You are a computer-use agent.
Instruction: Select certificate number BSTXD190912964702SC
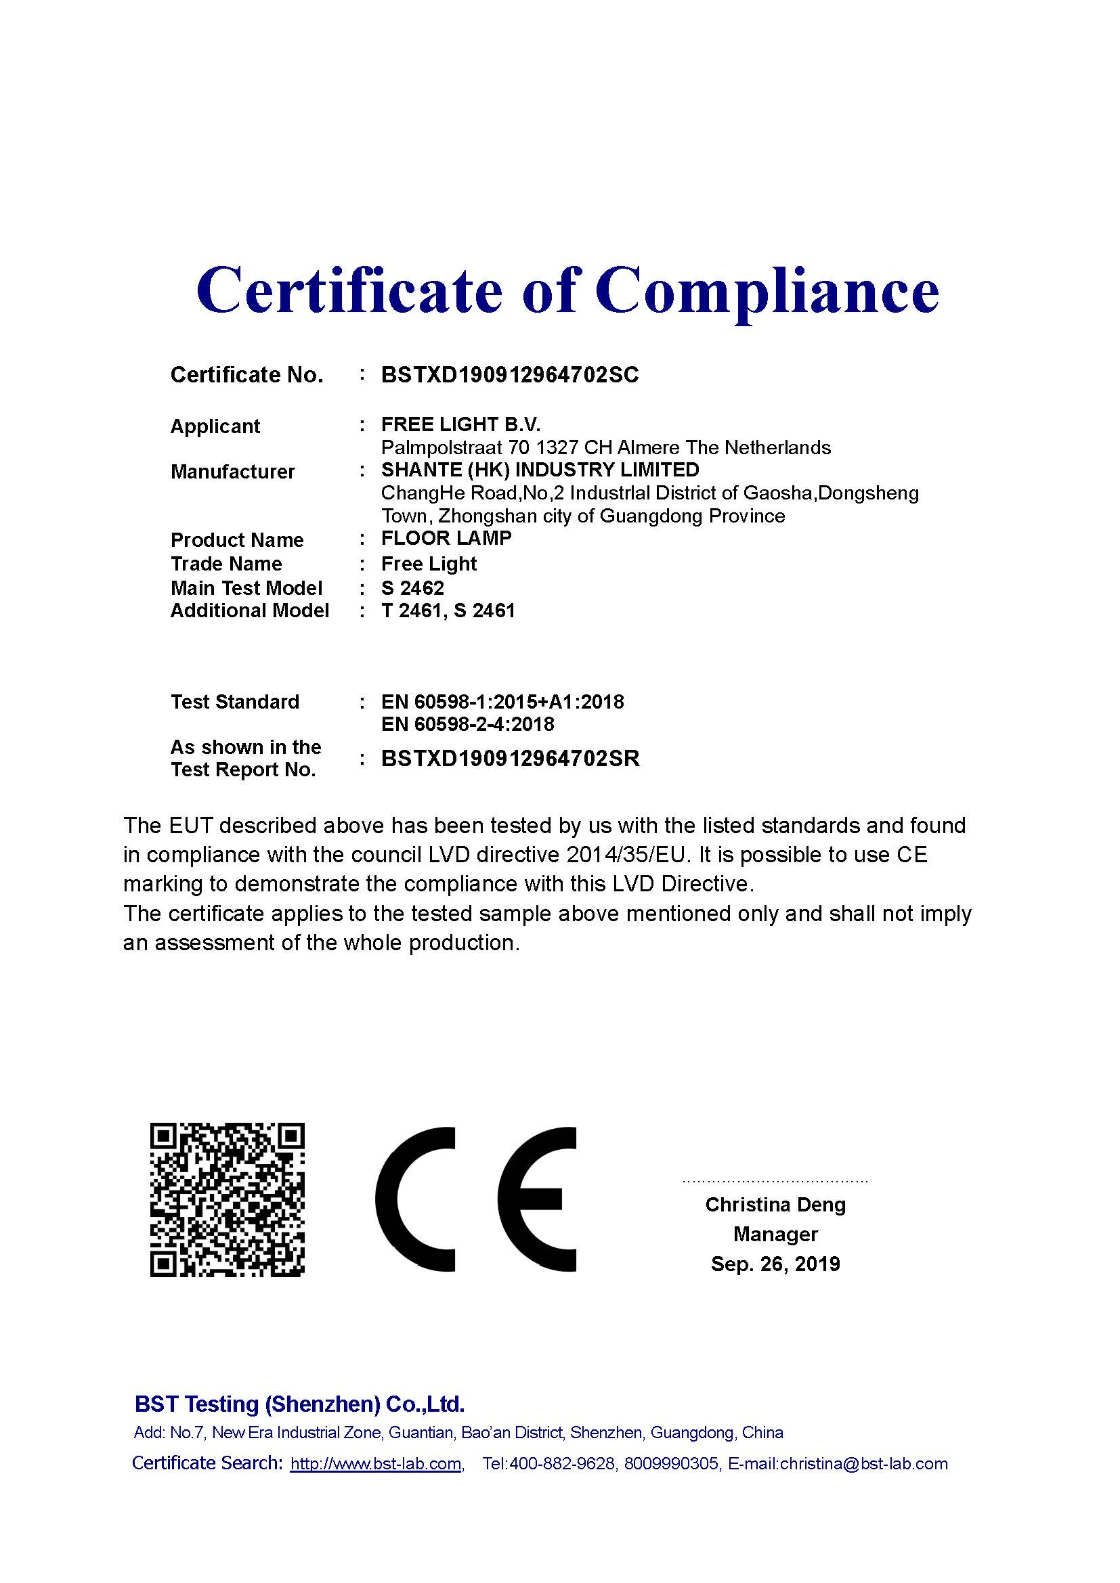pyautogui.click(x=510, y=375)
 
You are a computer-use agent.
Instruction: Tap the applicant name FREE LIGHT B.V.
pyautogui.click(x=460, y=424)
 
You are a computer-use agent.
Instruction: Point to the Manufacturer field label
pyautogui.click(x=232, y=472)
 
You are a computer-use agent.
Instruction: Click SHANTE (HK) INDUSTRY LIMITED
pyautogui.click(x=540, y=470)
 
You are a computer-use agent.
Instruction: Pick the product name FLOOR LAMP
pyautogui.click(x=446, y=538)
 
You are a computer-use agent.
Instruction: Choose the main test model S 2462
pyautogui.click(x=412, y=588)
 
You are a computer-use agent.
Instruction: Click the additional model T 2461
pyautogui.click(x=411, y=611)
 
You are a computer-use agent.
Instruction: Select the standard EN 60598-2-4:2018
pyautogui.click(x=468, y=724)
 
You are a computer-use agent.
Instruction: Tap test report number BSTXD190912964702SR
pyautogui.click(x=511, y=759)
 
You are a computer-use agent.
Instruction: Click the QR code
pyautogui.click(x=227, y=1200)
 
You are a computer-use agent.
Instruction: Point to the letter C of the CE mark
pyautogui.click(x=414, y=1200)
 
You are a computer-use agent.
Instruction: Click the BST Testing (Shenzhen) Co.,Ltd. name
pyautogui.click(x=299, y=1404)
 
